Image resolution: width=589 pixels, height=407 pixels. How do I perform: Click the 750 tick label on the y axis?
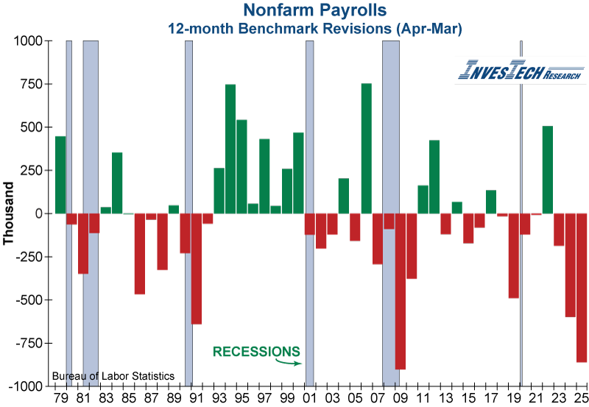point(31,85)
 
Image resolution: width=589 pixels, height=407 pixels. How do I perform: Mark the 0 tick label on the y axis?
point(40,213)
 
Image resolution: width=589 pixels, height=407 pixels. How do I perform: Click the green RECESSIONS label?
point(256,352)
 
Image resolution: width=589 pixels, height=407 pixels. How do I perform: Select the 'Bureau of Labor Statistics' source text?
point(113,376)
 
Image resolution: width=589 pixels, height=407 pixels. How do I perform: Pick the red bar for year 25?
point(582,287)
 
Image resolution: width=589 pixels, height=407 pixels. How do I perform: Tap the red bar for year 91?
point(197,269)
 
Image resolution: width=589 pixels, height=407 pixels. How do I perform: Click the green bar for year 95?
point(241,166)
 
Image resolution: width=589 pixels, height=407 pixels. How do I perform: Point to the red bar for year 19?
point(514,255)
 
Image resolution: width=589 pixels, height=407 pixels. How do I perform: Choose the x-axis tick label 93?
point(219,398)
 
